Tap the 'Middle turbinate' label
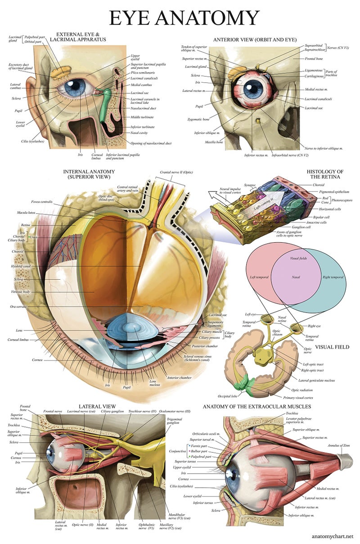pos(142,117)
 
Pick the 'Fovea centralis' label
pos(42,202)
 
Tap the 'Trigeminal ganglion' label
pos(173,420)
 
